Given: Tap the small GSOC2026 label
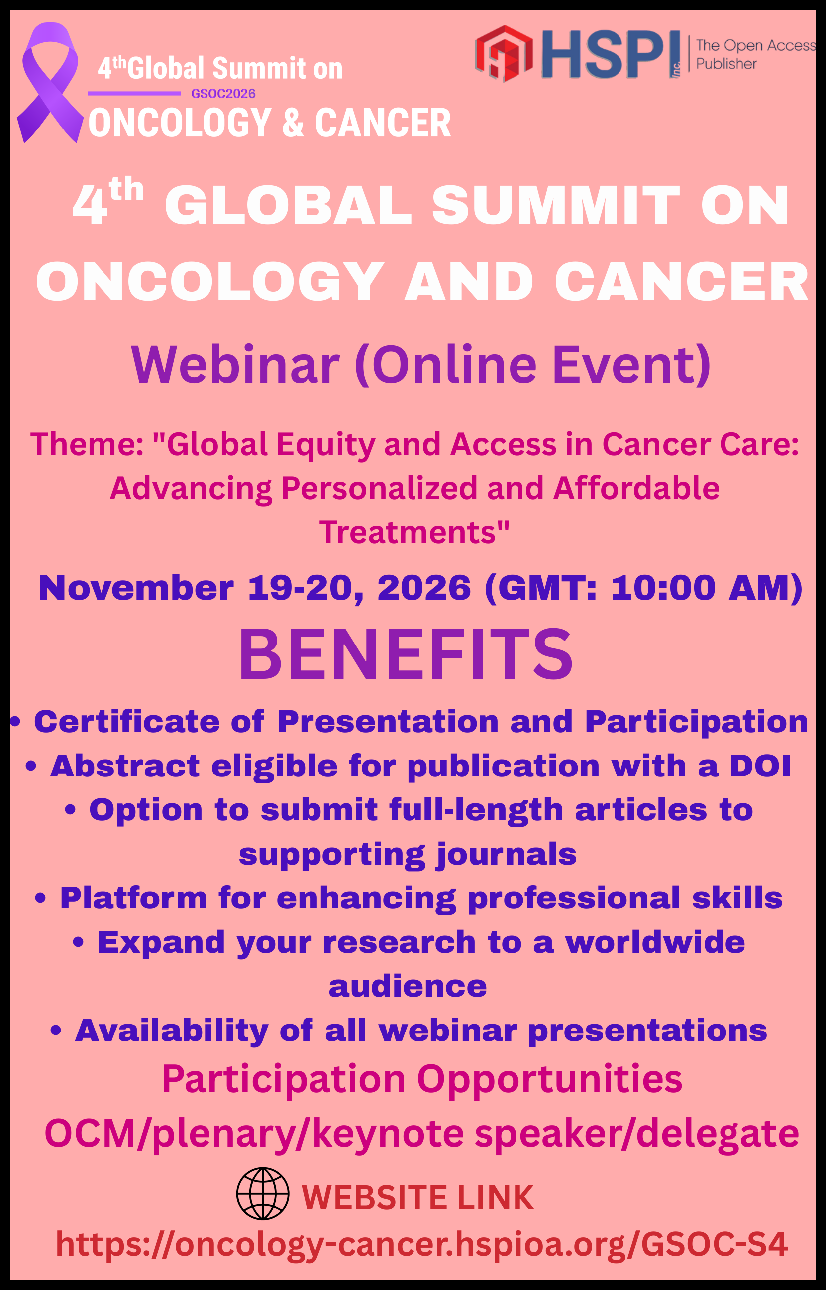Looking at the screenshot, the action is pos(223,94).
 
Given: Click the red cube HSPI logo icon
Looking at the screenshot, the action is pos(504,53).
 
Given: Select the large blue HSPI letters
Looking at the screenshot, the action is pos(610,54).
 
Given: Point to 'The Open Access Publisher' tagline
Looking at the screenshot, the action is pos(755,54).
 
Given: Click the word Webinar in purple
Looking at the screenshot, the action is pos(235,365).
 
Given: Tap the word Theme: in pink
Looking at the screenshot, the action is pos(87,444).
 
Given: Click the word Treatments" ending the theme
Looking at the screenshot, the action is pos(414,532).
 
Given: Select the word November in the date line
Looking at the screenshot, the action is pos(136,588).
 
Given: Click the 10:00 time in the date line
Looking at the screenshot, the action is pos(663,588).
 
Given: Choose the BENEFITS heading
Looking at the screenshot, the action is pos(406,654).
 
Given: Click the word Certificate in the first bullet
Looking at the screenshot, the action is pos(126,721).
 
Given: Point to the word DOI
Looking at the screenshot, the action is pos(760,766).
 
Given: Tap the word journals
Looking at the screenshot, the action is pos(507,855).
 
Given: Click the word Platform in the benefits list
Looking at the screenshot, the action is pos(133,898).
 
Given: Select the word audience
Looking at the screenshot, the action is pos(408,987).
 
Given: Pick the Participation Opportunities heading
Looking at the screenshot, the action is pos(422,1079).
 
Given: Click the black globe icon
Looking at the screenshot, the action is pos(263,1193).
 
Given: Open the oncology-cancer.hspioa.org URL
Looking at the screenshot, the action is pos(421,1244).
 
